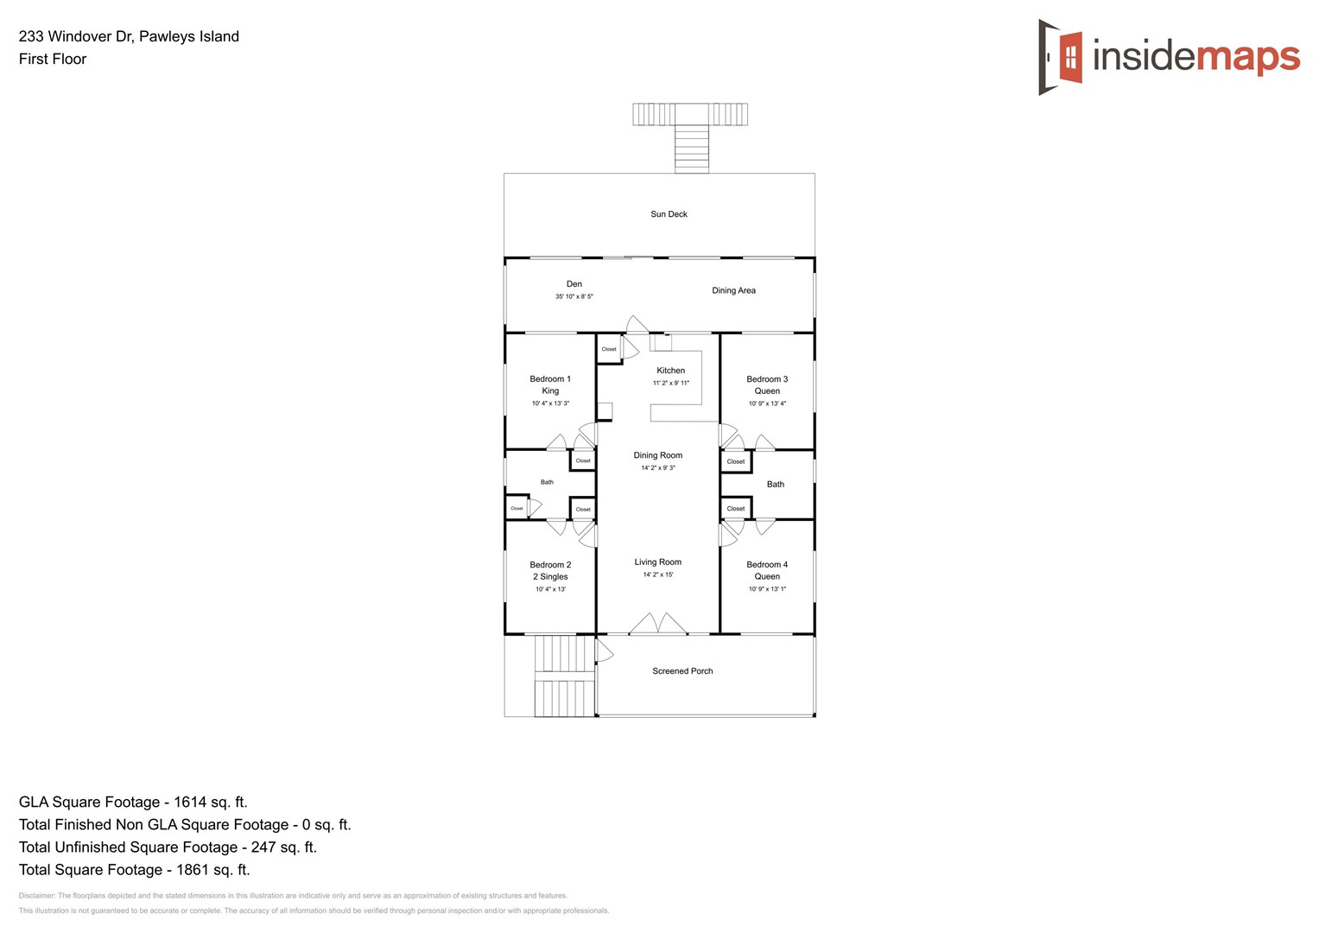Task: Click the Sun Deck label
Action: pyautogui.click(x=669, y=214)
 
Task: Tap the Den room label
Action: pyautogui.click(x=574, y=284)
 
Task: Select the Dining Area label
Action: pyautogui.click(x=733, y=290)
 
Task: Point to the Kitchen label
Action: pyautogui.click(x=670, y=371)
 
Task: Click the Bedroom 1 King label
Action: pyautogui.click(x=550, y=385)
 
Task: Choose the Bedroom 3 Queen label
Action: pyautogui.click(x=767, y=385)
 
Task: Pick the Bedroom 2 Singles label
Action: pyautogui.click(x=550, y=571)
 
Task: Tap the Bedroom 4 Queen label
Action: pyautogui.click(x=767, y=571)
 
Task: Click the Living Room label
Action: pyautogui.click(x=657, y=562)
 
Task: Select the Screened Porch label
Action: pyautogui.click(x=682, y=671)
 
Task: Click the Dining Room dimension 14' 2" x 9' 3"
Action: pyautogui.click(x=657, y=468)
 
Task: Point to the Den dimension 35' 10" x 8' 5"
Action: pyautogui.click(x=574, y=296)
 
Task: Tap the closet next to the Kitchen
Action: pyautogui.click(x=609, y=349)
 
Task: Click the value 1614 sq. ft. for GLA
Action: pyautogui.click(x=211, y=803)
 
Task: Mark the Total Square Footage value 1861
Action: pyautogui.click(x=212, y=870)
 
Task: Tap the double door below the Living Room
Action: pyautogui.click(x=657, y=624)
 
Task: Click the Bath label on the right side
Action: pyautogui.click(x=776, y=485)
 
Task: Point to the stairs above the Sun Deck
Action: pyautogui.click(x=691, y=149)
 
